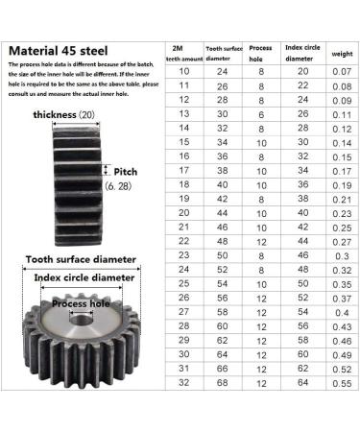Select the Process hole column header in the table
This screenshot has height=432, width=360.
(x=260, y=51)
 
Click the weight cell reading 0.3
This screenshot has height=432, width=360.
(x=341, y=256)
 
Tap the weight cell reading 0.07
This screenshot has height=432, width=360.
(x=341, y=71)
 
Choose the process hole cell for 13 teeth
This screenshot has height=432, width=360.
(x=260, y=113)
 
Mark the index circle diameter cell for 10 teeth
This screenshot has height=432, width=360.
(x=303, y=71)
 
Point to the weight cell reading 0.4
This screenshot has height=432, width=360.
(x=341, y=313)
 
